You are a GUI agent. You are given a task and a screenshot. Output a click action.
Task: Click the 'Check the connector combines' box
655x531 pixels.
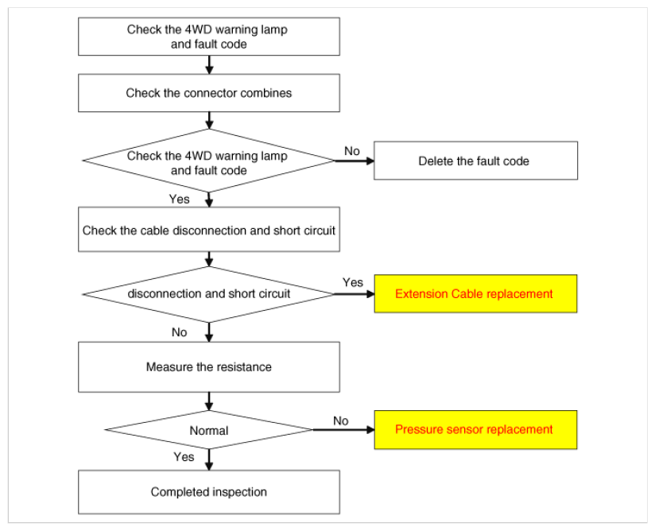tap(209, 93)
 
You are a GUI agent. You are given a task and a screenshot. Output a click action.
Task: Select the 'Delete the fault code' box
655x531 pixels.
tap(475, 161)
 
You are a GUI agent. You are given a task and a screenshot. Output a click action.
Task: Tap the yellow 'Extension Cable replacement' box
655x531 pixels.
tap(475, 293)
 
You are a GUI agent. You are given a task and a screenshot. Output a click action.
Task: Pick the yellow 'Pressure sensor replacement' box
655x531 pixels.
tap(475, 429)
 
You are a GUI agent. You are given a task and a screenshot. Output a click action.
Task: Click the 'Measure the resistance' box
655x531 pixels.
tap(209, 366)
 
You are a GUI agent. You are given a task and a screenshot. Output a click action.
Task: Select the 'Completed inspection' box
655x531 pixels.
tap(209, 492)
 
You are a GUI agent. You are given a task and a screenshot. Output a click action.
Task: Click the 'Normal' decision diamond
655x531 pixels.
tap(209, 430)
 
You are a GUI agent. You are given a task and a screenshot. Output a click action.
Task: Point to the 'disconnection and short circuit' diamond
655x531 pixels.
tap(209, 294)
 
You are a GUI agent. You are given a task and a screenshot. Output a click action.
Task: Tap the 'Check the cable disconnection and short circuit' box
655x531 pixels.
tap(209, 230)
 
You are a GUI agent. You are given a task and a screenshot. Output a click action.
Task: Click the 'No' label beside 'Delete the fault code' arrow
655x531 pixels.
tap(351, 151)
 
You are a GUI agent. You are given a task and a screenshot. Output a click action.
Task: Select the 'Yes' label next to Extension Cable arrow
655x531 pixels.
tap(353, 282)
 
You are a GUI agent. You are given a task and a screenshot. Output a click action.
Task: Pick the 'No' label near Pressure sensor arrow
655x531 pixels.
tap(341, 421)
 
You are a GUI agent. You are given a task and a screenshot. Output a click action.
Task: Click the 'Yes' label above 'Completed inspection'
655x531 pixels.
tap(184, 456)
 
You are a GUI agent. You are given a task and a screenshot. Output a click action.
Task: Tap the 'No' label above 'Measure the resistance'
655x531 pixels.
tap(179, 332)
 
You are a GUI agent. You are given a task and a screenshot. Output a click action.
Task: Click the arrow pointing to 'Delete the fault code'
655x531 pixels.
tap(355, 161)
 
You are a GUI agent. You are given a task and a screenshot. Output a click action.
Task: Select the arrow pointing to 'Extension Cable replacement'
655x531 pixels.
tap(355, 294)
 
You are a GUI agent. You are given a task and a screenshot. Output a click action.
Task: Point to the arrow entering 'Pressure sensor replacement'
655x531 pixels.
tap(343, 429)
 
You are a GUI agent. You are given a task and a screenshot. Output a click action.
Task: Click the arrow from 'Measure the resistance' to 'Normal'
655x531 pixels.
tap(209, 401)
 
